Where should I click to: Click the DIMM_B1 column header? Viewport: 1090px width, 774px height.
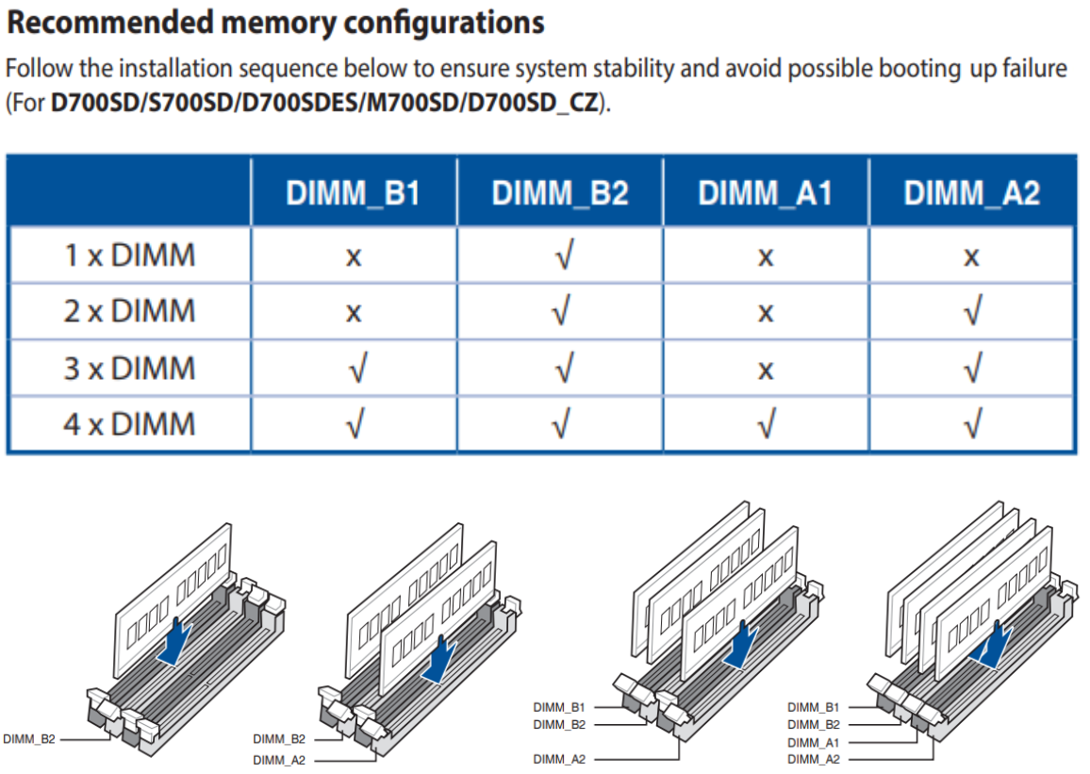click(x=354, y=193)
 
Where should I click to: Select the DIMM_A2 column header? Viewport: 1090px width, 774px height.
click(x=971, y=193)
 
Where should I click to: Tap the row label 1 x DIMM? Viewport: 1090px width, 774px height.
click(x=129, y=255)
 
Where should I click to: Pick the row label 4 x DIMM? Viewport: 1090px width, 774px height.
click(x=129, y=423)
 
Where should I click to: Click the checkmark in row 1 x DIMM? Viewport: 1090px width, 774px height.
click(x=560, y=255)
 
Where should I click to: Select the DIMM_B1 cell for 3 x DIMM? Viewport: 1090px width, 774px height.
click(x=354, y=369)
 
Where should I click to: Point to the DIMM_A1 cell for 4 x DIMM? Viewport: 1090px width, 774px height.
click(x=766, y=424)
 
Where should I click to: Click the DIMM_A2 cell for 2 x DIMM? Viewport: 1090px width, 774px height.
click(x=971, y=312)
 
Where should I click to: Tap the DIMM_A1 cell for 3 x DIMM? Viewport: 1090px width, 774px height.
click(x=766, y=369)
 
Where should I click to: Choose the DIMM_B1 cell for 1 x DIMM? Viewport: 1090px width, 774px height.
click(x=354, y=255)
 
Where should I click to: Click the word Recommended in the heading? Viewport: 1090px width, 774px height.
click(x=109, y=23)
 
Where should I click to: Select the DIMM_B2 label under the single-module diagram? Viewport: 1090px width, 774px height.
click(x=29, y=739)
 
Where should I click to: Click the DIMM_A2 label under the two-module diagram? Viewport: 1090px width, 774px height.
click(x=279, y=759)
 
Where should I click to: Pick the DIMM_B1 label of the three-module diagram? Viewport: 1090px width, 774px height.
click(x=559, y=706)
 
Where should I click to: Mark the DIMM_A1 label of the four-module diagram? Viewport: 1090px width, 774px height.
click(x=813, y=742)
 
